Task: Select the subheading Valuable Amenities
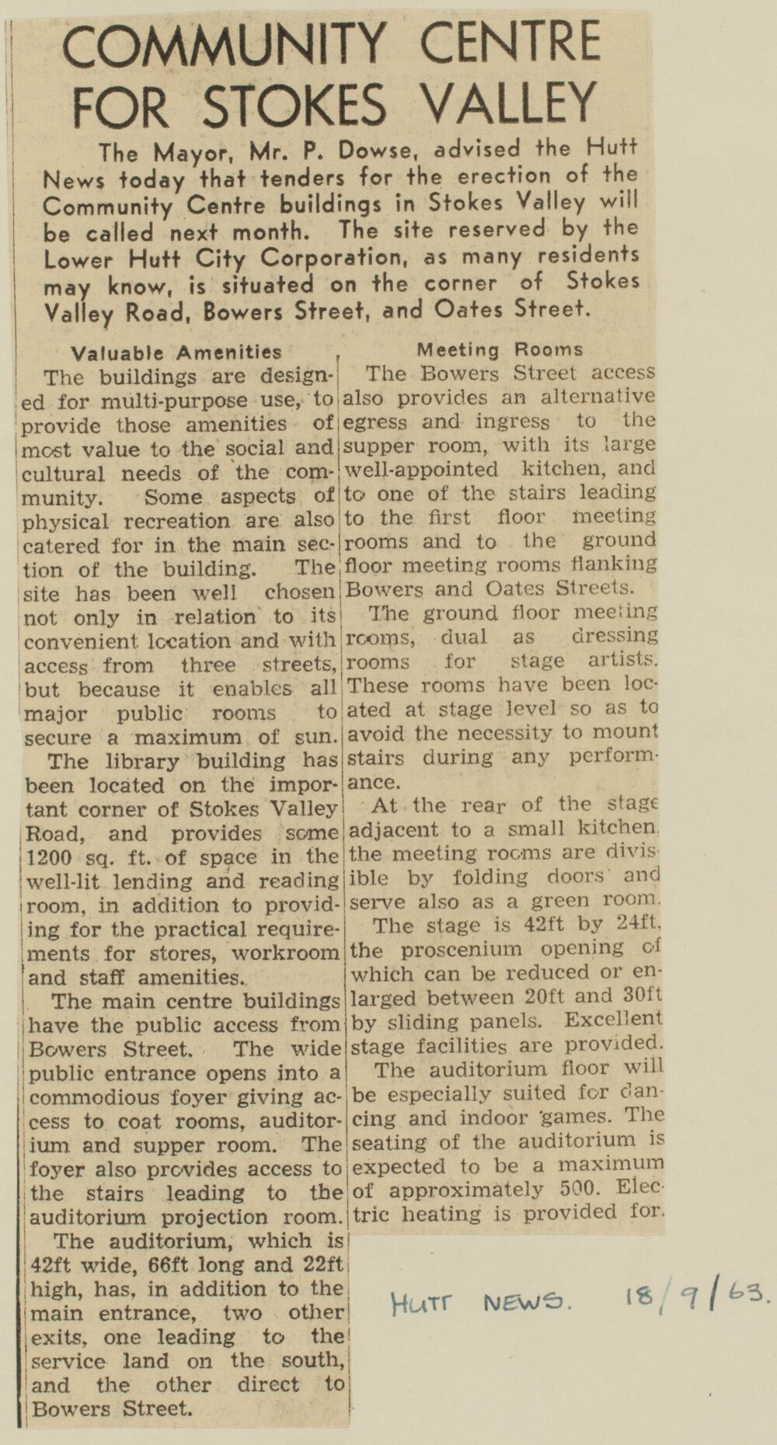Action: [x=176, y=353]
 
